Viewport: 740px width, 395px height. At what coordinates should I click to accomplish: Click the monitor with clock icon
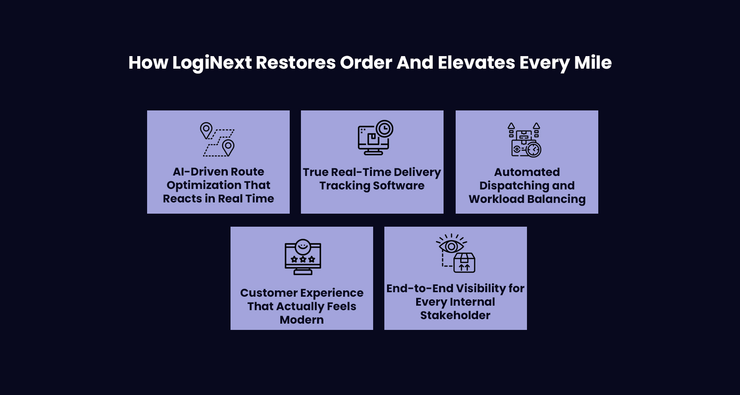(x=375, y=138)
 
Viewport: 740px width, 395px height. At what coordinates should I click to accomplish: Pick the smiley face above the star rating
(x=303, y=246)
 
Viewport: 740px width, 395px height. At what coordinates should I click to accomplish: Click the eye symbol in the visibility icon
(x=451, y=246)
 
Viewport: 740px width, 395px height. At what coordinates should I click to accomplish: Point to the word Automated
(x=527, y=172)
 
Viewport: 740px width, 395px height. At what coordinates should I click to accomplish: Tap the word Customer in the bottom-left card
(x=262, y=293)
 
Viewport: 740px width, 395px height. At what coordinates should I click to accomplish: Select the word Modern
(x=301, y=320)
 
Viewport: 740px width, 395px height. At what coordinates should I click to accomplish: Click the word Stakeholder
(x=455, y=316)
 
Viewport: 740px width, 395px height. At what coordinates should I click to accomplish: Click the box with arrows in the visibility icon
(x=464, y=263)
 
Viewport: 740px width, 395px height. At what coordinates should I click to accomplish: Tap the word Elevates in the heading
(x=476, y=63)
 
